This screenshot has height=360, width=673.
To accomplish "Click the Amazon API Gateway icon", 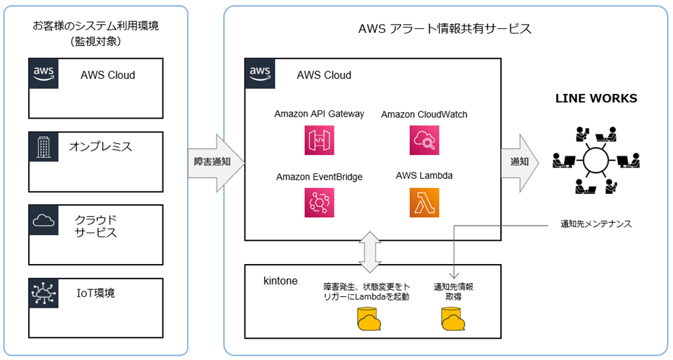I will click(x=319, y=140).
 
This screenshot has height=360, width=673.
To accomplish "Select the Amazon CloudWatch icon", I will click(x=424, y=140).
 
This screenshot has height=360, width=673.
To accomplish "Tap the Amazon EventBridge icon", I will click(x=319, y=203).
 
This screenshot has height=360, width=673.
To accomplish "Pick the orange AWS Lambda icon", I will click(x=424, y=203).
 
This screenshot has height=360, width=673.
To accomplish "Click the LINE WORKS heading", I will click(x=596, y=99).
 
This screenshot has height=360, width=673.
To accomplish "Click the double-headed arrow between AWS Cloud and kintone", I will click(x=370, y=252).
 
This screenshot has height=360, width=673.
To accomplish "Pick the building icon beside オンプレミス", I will click(x=44, y=147).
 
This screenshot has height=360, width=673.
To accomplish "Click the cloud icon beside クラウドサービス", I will click(x=44, y=220).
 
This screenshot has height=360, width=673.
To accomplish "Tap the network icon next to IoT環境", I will click(x=44, y=293).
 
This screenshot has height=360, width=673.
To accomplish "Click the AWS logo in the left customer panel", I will click(x=44, y=73).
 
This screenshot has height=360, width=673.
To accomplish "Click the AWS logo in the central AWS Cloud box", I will click(x=260, y=73).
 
